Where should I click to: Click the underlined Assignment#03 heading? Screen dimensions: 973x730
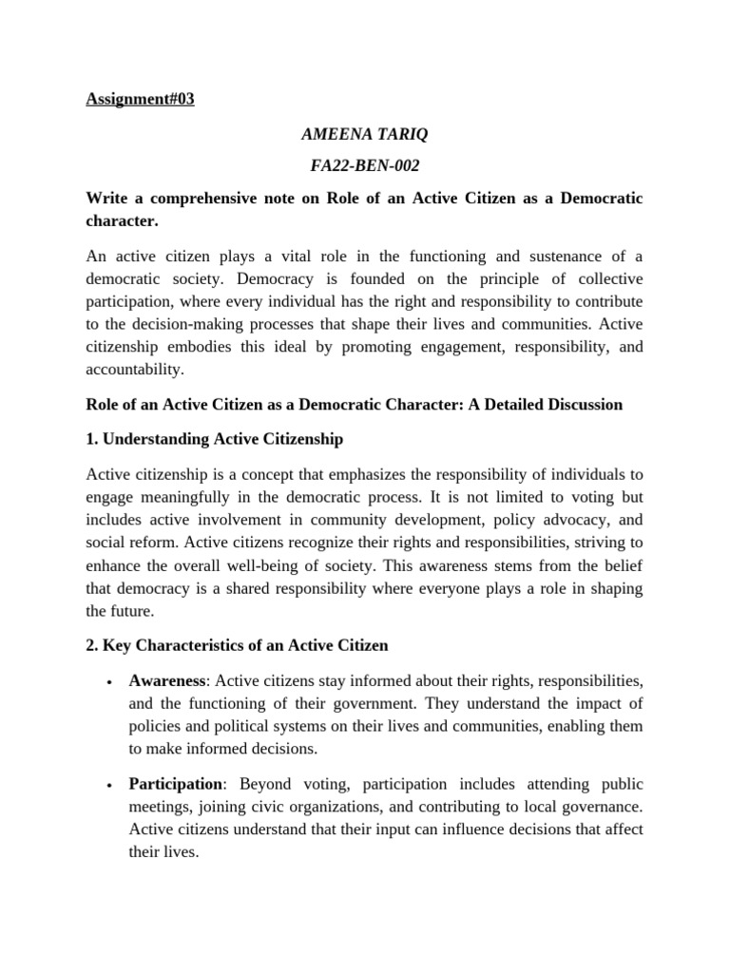click(140, 99)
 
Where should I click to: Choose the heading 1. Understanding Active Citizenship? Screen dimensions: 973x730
click(214, 439)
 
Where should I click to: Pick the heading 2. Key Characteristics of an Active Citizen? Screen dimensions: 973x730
click(237, 646)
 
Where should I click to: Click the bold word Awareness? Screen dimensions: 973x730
click(168, 681)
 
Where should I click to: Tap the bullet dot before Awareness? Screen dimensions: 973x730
click(111, 683)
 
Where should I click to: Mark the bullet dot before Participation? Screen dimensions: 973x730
click(111, 787)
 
